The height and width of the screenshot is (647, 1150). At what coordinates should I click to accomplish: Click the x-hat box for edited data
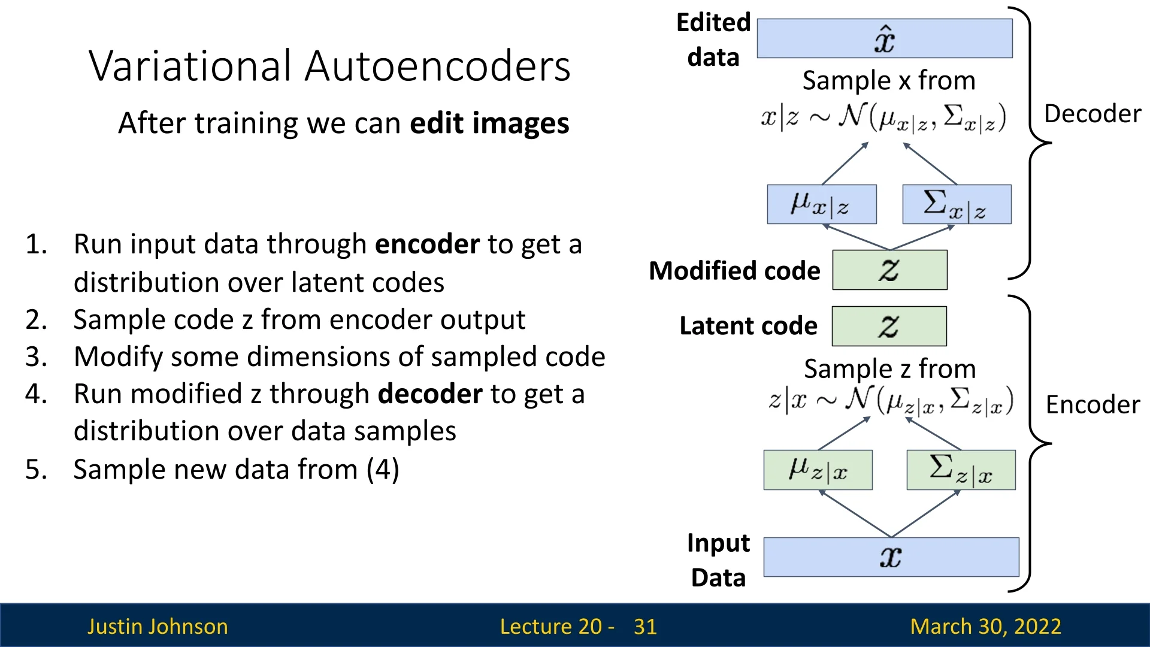885,38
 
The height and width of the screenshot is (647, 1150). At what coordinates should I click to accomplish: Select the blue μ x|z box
821,204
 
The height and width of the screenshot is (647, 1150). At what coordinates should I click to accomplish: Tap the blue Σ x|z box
957,204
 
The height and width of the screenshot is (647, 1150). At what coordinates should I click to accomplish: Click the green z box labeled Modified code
889,270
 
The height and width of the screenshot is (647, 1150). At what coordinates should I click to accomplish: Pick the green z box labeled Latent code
889,326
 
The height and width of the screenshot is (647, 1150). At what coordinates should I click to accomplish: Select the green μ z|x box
818,470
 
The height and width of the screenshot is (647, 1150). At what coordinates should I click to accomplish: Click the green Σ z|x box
961,470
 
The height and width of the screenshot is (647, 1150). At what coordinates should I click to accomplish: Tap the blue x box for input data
891,557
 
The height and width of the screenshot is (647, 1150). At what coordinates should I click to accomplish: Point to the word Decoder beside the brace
1092,114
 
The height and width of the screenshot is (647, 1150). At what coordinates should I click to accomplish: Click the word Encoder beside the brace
1092,405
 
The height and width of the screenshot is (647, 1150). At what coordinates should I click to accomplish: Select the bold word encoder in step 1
427,244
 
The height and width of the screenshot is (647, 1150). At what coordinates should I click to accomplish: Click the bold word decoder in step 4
430,394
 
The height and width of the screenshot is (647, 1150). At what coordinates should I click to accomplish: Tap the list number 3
36,357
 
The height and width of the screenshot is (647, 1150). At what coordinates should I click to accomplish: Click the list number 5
36,470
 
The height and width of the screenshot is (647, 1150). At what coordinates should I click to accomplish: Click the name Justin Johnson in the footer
158,627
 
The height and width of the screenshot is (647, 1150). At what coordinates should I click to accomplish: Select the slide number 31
645,627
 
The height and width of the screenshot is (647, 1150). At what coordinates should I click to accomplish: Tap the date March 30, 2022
985,627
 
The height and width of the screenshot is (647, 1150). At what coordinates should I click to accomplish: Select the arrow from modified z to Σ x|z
922,237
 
